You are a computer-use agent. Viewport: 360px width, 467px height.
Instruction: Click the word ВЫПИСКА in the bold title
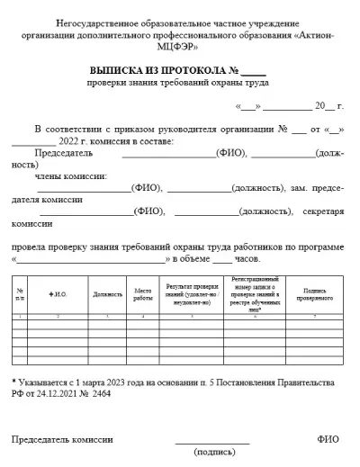tap(122, 69)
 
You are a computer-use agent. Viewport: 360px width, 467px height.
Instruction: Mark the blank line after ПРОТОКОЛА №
tap(253, 70)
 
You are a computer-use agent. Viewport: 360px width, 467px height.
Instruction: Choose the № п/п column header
tap(20, 294)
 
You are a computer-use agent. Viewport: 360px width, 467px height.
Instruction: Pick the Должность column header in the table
tap(107, 294)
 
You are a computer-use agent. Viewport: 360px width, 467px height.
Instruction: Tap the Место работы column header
tap(143, 294)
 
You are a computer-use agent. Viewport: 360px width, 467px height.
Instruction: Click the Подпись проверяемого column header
tap(314, 294)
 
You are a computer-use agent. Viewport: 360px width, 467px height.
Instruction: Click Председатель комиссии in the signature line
tap(63, 439)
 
